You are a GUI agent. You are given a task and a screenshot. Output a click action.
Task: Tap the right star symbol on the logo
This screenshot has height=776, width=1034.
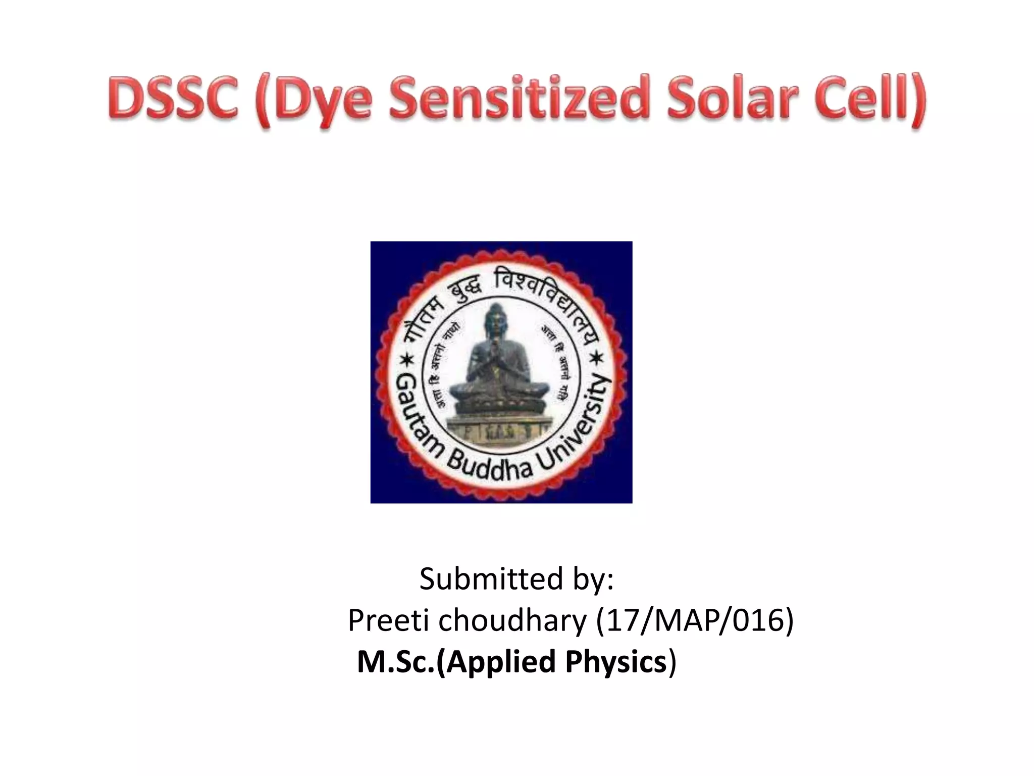click(597, 360)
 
